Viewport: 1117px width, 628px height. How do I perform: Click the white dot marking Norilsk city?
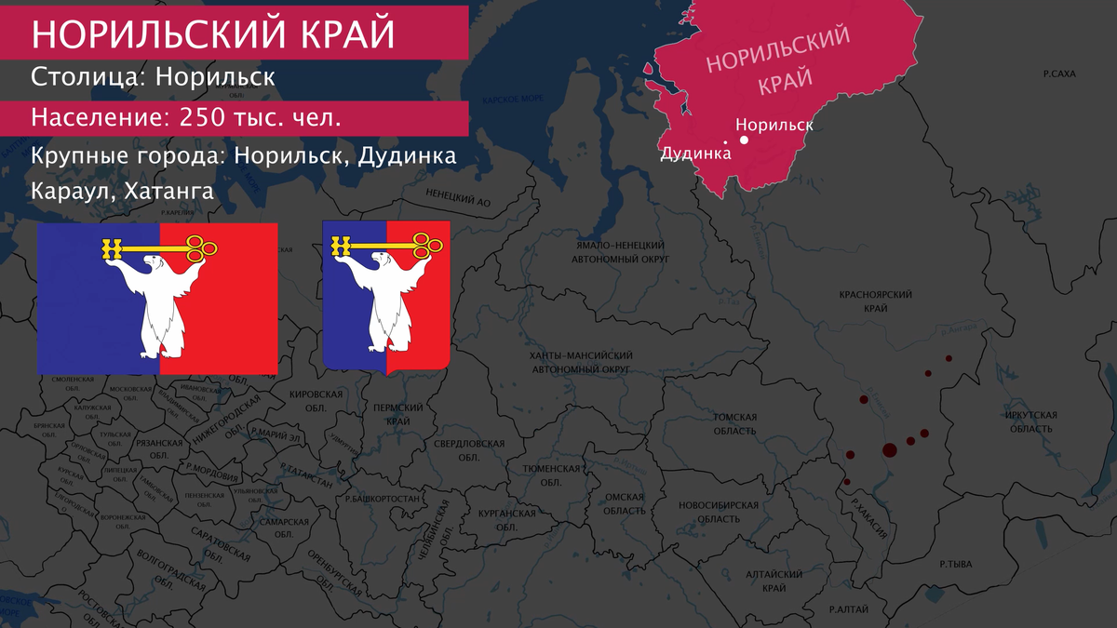coord(744,140)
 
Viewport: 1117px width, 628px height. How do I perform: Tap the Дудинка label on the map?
coord(694,154)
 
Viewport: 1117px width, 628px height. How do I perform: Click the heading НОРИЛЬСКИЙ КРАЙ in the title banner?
coord(213,33)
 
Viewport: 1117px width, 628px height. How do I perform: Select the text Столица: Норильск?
coord(153,76)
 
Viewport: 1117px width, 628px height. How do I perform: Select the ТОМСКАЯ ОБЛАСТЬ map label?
coord(736,424)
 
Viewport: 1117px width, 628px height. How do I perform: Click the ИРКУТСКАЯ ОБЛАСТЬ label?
coord(1030,421)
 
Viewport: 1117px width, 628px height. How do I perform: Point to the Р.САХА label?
coord(1058,72)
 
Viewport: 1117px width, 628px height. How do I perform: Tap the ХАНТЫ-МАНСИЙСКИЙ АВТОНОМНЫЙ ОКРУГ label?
coord(580,363)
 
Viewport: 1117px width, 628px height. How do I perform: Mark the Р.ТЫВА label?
coord(955,564)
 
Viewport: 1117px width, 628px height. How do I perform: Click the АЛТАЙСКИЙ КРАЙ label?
coord(774,581)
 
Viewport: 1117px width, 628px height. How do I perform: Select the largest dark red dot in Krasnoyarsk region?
coord(888,451)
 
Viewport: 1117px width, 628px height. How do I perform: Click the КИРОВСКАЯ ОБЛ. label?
coord(316,401)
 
